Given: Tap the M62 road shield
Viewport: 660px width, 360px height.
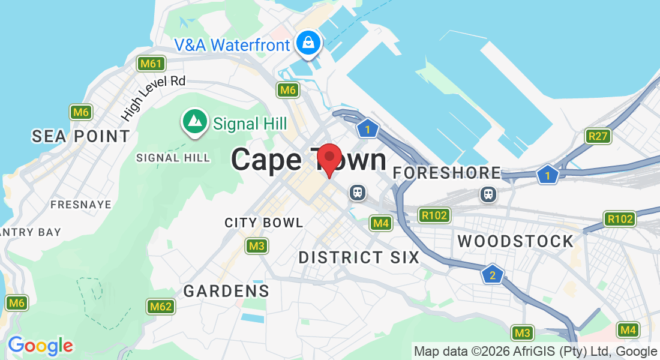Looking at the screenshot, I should (x=161, y=307).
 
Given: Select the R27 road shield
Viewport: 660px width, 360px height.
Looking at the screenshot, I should (x=598, y=136).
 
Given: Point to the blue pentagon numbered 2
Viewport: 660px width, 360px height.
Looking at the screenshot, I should (x=492, y=275).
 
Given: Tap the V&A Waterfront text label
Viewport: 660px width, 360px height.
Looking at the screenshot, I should (x=232, y=44).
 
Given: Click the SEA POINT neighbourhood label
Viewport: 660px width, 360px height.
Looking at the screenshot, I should (x=81, y=136).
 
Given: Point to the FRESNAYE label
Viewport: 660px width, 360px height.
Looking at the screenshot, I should (x=81, y=205).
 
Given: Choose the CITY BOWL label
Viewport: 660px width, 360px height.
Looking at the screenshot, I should (x=264, y=223).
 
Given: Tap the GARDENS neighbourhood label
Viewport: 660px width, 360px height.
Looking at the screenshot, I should (x=226, y=292).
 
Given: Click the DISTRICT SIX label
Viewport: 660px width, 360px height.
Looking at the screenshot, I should (x=359, y=257).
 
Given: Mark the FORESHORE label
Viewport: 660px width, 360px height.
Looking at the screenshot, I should (x=447, y=173).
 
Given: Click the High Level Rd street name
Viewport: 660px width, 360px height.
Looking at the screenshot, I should (x=153, y=97).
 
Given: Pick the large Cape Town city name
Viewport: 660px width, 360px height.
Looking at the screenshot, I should (x=308, y=160).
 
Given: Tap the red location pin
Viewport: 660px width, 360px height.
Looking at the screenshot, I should (x=329, y=158).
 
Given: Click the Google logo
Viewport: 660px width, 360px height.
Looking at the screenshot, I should (x=40, y=346).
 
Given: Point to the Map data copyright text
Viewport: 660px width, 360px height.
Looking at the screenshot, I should (x=535, y=352).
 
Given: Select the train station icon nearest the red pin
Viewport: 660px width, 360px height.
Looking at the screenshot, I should (x=358, y=193).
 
